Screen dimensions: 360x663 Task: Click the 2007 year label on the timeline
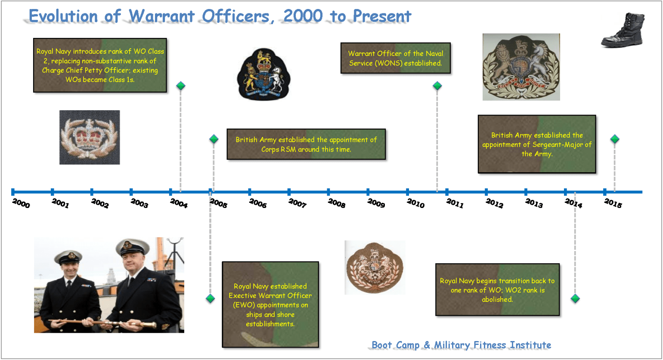coord(297,203)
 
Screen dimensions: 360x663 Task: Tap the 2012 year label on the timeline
coord(494,203)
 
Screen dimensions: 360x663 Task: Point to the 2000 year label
coord(21,203)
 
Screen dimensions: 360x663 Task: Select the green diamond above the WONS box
coord(437,86)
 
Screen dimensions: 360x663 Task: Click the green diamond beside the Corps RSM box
coord(214,139)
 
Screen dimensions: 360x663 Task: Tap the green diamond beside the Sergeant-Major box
coord(615,139)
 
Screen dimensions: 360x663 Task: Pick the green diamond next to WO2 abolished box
coord(575,298)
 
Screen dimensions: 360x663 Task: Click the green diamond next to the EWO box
coord(210,298)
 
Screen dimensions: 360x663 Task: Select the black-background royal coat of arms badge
coord(264,74)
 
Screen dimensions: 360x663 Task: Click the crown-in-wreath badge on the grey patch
coord(90,137)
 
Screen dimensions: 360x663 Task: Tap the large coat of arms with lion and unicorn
coord(521,67)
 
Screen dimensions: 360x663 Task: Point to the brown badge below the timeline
coord(375,267)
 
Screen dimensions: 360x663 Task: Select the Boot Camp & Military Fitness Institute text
coord(462,345)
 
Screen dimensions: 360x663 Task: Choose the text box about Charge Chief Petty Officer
coord(100,65)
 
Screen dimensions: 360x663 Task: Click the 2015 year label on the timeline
coord(613,203)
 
